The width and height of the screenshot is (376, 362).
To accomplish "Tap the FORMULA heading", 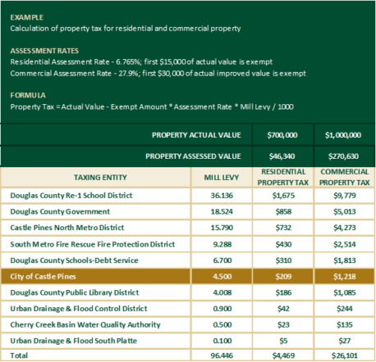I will (x=26, y=95).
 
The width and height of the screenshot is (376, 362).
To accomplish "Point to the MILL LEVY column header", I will (x=220, y=176).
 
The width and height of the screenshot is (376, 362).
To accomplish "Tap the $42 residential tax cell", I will (x=282, y=308).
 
